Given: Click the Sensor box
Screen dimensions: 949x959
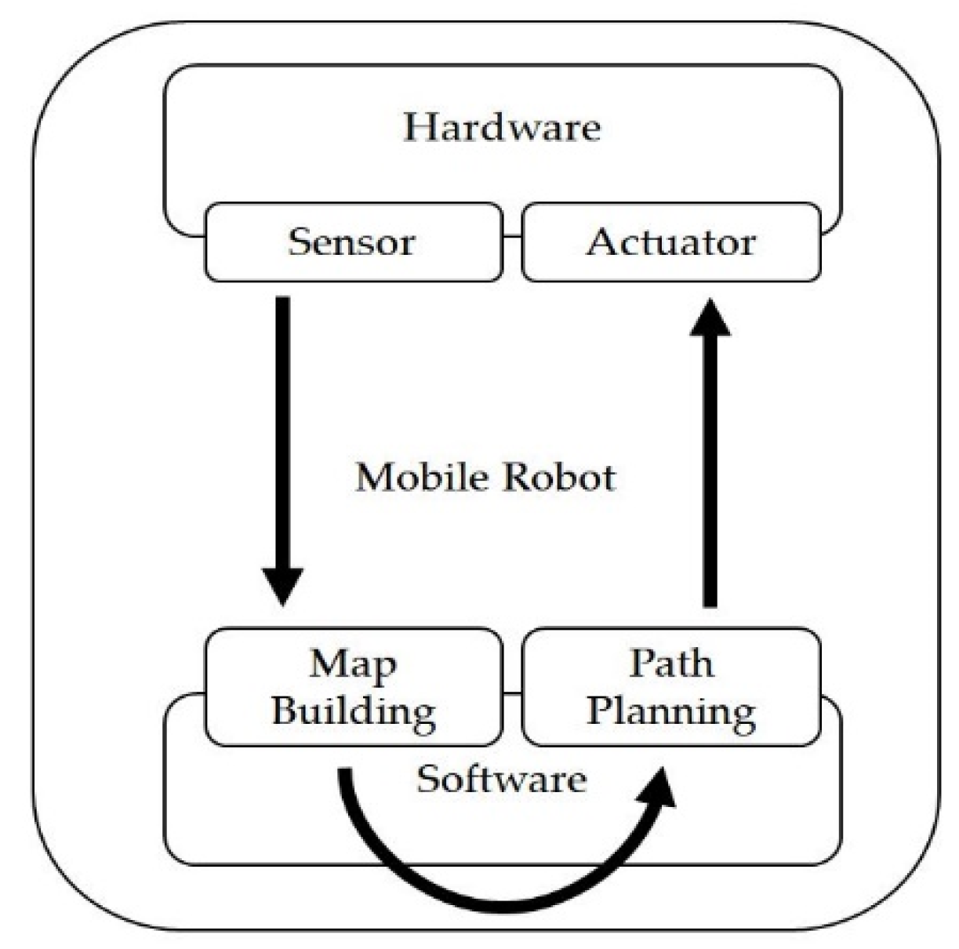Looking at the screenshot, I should click(x=353, y=242).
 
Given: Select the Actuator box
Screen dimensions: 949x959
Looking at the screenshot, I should click(x=671, y=242).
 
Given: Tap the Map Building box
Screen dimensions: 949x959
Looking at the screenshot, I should click(x=353, y=687).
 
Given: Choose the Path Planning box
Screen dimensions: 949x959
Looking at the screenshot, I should click(x=671, y=687).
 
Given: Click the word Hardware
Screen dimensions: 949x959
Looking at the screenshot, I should click(x=502, y=127).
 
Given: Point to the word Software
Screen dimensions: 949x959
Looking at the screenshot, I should click(x=502, y=780).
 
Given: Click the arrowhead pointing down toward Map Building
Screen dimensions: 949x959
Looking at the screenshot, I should click(x=282, y=585).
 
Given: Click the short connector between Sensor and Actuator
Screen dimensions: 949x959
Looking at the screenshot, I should click(x=512, y=236).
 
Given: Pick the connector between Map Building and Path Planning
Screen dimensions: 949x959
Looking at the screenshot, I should click(x=512, y=693).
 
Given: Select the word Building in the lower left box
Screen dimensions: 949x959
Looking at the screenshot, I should click(x=353, y=711).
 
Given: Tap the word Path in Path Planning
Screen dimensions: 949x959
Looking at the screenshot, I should click(x=671, y=664).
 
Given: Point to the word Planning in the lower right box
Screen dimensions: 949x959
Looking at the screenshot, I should click(x=671, y=711).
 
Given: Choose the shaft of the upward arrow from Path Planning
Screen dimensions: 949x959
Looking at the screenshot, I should click(x=710, y=471).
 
